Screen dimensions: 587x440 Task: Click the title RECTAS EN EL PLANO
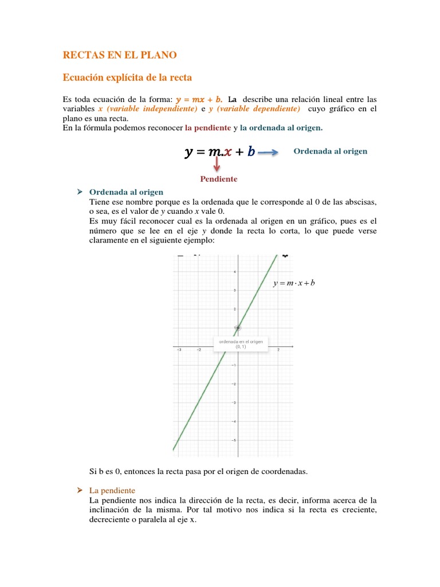pyautogui.click(x=120, y=55)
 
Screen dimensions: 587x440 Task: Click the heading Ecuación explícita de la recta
pyautogui.click(x=135, y=77)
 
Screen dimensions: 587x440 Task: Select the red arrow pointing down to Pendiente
pyautogui.click(x=217, y=165)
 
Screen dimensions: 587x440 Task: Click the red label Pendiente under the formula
pyautogui.click(x=218, y=179)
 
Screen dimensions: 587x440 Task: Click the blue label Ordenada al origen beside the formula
pyautogui.click(x=330, y=151)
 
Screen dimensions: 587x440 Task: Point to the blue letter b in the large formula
pyautogui.click(x=251, y=152)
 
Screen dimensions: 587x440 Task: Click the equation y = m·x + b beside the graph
pyautogui.click(x=294, y=283)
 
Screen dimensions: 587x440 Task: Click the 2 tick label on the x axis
pyautogui.click(x=278, y=350)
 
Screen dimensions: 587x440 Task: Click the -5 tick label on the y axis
pyautogui.click(x=234, y=440)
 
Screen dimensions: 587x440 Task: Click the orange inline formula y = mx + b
pyautogui.click(x=199, y=99)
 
